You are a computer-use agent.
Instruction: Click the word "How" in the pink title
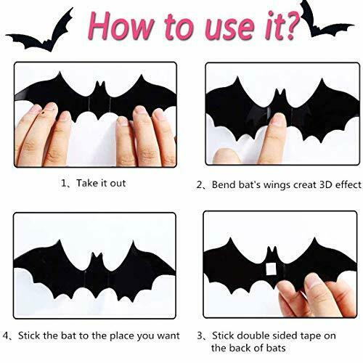[x=121, y=25]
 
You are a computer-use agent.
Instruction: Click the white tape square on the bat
[x=271, y=269]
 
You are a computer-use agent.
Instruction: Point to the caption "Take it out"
[x=101, y=183]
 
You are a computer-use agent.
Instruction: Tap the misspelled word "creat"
[x=305, y=185]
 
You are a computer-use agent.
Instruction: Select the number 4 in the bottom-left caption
[x=6, y=336]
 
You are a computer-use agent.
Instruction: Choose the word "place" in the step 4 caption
[x=122, y=336]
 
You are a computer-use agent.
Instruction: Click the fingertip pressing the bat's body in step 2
[x=279, y=121]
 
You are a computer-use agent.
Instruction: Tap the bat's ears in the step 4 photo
[x=97, y=256]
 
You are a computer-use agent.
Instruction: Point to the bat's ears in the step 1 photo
[x=100, y=84]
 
